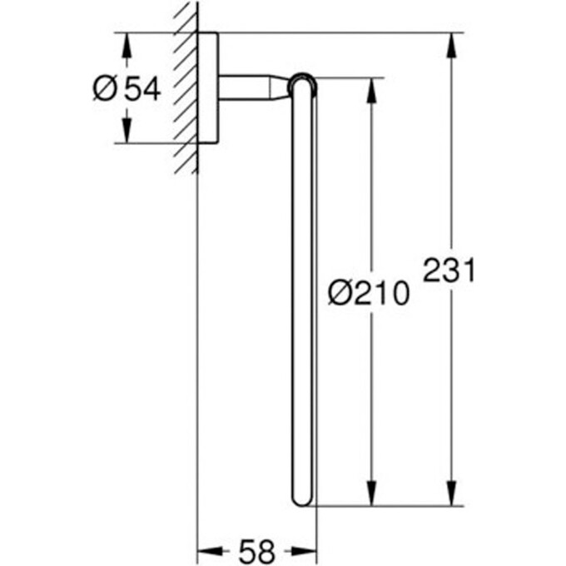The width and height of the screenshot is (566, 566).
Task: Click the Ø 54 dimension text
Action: tap(126, 88)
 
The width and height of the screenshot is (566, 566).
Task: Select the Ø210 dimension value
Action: tap(369, 292)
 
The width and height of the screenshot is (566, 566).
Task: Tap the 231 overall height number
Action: tap(449, 271)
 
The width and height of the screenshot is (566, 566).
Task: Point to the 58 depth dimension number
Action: tap(257, 550)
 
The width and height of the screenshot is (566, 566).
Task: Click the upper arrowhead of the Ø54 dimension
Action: tap(127, 45)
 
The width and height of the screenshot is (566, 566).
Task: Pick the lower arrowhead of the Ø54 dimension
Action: tap(127, 131)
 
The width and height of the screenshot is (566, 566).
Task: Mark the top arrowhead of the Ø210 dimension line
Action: tap(371, 91)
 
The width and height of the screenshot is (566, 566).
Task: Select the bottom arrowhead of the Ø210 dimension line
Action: tap(371, 494)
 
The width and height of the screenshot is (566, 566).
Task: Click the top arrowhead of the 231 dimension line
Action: tap(452, 45)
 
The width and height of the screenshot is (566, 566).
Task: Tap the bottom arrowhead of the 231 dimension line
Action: tap(452, 494)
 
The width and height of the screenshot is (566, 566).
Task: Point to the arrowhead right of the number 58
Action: tap(305, 550)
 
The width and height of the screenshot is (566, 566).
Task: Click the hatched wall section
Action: tap(186, 83)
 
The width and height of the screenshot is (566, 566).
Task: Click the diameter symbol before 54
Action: tap(104, 88)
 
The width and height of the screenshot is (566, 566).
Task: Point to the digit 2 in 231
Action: tap(432, 271)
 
